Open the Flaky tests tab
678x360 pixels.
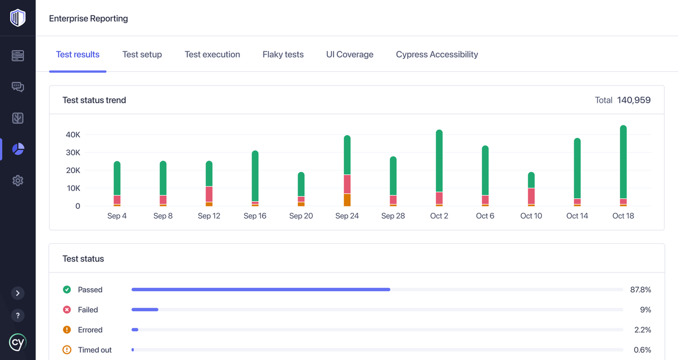coord(283,55)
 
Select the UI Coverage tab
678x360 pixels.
coord(350,55)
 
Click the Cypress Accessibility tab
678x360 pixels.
coord(437,55)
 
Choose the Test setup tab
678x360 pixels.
coord(142,55)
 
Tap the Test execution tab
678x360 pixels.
coord(212,55)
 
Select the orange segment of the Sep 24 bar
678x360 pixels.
coord(347,199)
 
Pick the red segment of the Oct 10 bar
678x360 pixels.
coord(531,196)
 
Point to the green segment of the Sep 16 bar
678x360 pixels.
coord(255,176)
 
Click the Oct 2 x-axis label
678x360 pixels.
coord(439,216)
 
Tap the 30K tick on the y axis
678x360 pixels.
coord(73,152)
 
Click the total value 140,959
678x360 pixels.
coord(634,100)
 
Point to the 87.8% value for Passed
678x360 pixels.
coord(640,290)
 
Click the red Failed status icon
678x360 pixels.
coord(67,310)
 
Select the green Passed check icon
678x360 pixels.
coord(67,290)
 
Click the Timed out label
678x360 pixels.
coord(95,350)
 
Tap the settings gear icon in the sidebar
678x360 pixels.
coord(18,181)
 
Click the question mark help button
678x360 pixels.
coord(18,316)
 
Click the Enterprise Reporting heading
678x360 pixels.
coord(89,18)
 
